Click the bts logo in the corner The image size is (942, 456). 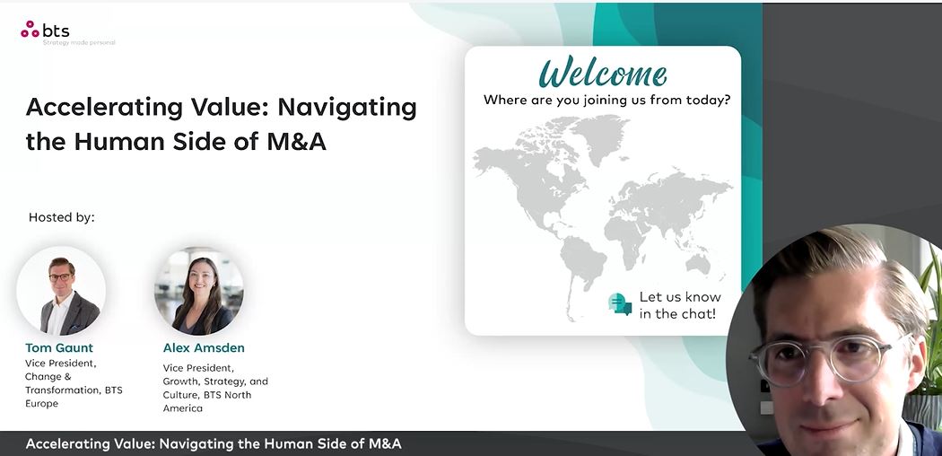(46, 30)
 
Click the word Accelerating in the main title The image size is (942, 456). (104, 108)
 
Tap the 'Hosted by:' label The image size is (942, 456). (61, 217)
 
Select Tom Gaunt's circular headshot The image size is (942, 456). (61, 291)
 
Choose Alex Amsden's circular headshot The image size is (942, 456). (199, 291)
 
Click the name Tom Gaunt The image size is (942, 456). (59, 348)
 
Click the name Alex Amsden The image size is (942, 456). (204, 348)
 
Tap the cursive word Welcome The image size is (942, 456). (603, 74)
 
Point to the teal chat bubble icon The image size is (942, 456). (620, 304)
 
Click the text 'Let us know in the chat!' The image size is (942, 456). (679, 305)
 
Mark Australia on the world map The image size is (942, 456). (699, 263)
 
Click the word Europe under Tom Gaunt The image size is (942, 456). (42, 404)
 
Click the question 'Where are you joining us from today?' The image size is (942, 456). (606, 100)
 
